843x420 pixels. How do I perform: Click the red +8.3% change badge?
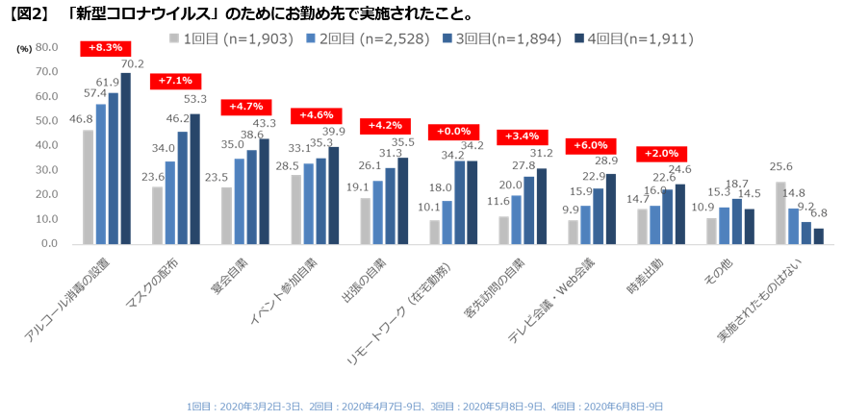pyautogui.click(x=105, y=47)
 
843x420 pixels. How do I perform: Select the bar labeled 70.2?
pyautogui.click(x=125, y=159)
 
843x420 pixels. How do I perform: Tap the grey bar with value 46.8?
pyautogui.click(x=89, y=187)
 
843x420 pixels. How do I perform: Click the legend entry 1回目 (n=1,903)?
pyautogui.click(x=228, y=38)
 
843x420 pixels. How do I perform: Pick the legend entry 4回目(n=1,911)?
pyautogui.click(x=632, y=38)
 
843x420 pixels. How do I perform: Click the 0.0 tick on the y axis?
pyautogui.click(x=49, y=244)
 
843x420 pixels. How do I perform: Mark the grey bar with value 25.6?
pyautogui.click(x=780, y=212)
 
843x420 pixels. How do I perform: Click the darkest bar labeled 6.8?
pyautogui.click(x=818, y=235)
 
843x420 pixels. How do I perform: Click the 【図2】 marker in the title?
pyautogui.click(x=28, y=12)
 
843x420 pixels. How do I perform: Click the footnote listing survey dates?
pyautogui.click(x=424, y=407)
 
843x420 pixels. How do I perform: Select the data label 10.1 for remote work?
pyautogui.click(x=429, y=206)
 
